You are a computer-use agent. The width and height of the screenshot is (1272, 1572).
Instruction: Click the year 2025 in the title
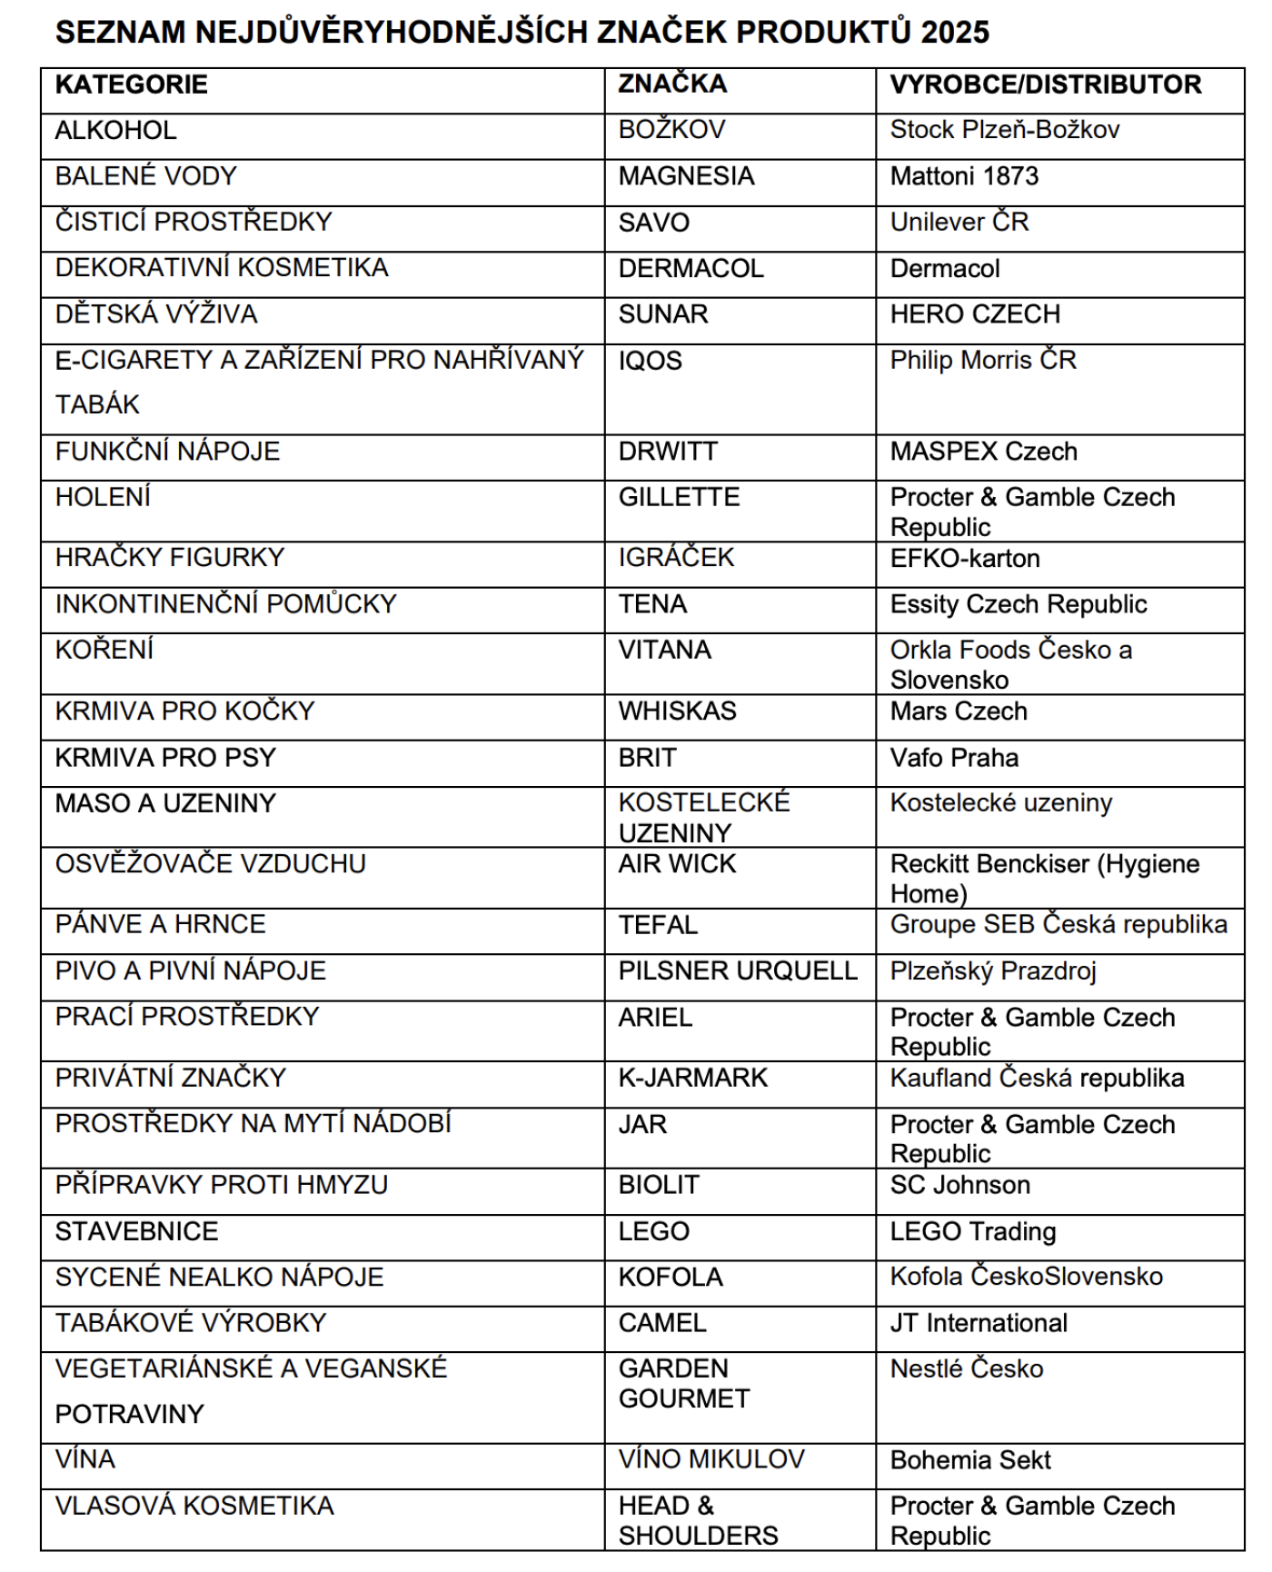[954, 33]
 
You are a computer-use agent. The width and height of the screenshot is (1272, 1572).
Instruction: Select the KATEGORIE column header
[132, 85]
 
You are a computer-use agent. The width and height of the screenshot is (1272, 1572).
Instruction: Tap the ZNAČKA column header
[672, 84]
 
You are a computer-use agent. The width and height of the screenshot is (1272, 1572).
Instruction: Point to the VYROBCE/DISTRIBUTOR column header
[1046, 85]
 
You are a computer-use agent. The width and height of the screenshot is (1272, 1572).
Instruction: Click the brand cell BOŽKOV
[671, 130]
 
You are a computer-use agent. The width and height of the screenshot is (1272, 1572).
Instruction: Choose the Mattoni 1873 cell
[964, 176]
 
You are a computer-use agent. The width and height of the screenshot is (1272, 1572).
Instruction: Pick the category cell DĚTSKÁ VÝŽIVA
[156, 314]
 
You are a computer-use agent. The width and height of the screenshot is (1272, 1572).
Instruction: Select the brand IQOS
[650, 361]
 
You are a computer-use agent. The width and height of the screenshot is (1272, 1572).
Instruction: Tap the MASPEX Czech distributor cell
[983, 452]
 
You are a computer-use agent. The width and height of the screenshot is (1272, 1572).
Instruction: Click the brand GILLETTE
[679, 497]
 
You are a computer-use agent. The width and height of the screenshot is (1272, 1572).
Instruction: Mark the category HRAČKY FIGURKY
[170, 558]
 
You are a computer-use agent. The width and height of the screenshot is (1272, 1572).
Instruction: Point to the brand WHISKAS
[677, 711]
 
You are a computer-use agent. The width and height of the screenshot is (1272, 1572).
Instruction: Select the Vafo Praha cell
[954, 758]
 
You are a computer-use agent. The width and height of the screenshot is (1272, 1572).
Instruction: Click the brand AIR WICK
[677, 864]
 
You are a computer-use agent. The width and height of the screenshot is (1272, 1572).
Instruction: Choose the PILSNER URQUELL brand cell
[738, 970]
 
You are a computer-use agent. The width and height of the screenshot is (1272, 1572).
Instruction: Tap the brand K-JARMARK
[692, 1078]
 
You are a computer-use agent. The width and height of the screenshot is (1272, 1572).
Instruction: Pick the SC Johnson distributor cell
[959, 1185]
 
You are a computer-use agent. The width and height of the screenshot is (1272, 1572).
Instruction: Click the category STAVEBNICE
[136, 1231]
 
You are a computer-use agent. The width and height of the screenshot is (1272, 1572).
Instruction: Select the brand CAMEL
[662, 1323]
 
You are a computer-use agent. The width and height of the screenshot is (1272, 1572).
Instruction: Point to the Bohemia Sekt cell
[969, 1460]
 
